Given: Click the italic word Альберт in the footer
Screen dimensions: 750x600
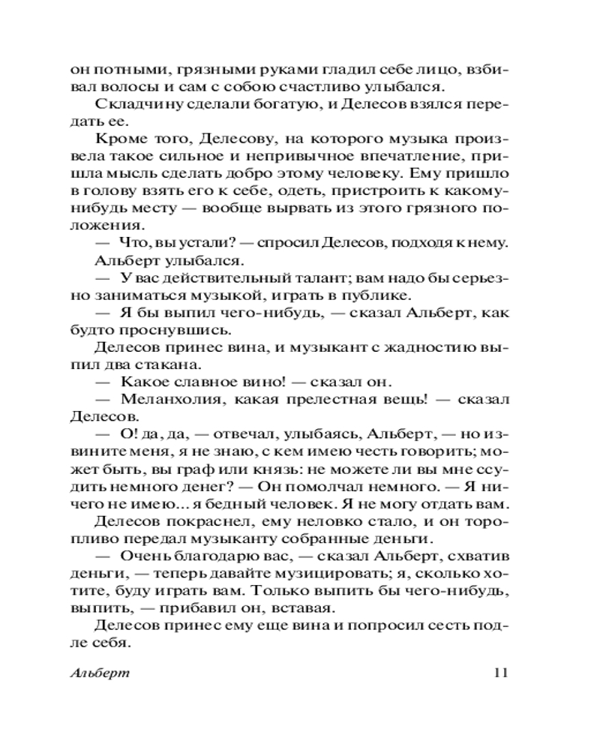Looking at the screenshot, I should (98, 672).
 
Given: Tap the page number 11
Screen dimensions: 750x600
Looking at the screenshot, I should (502, 672).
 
